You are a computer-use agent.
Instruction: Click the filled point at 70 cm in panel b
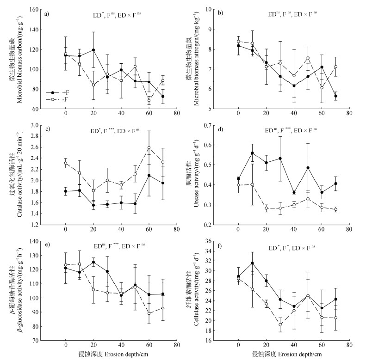(335, 96)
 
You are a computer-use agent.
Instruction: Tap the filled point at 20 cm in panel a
(93, 50)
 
